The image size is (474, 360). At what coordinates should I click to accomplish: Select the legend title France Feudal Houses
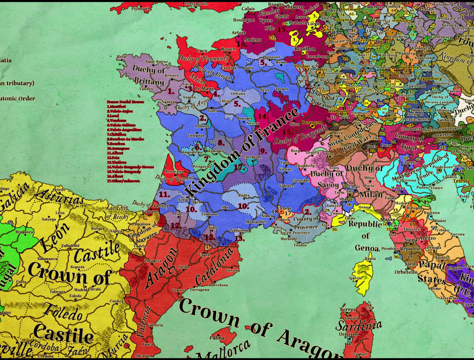pos(122,102)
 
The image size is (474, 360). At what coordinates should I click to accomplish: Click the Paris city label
pos(249,68)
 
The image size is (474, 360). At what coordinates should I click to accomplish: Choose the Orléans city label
pos(238,93)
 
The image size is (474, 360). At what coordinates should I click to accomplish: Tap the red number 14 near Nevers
pos(262,116)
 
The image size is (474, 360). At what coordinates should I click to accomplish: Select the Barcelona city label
pos(218,285)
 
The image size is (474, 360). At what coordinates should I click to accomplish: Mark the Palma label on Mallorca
pos(217,337)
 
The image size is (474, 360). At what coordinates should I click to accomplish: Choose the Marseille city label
pos(289,238)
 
